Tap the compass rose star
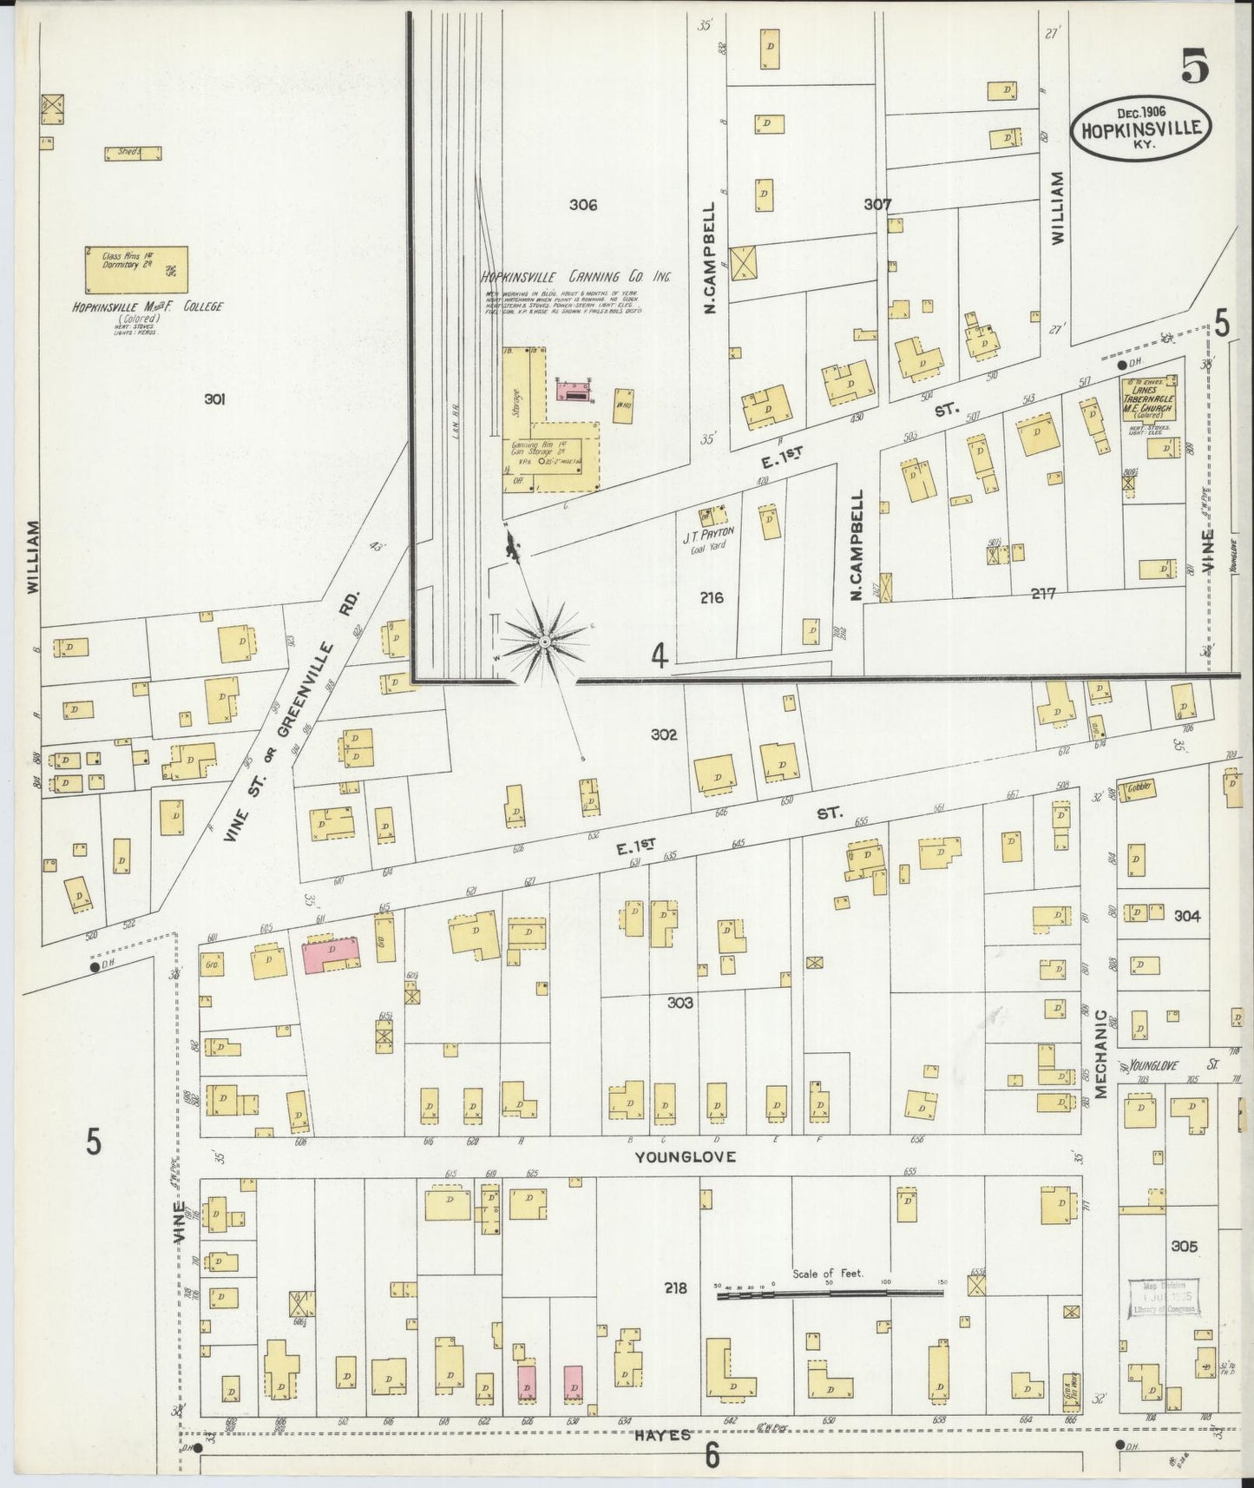tap(544, 641)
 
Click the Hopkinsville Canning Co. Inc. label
tap(577, 277)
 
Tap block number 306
tap(583, 205)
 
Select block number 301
tap(215, 399)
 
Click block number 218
tap(674, 1287)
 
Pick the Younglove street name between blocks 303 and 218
tap(685, 1156)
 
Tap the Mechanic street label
tap(1100, 1054)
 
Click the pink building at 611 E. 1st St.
tap(331, 953)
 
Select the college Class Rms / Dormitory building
tap(136, 269)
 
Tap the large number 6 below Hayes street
tap(712, 1455)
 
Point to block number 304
tap(1186, 916)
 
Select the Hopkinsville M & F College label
tap(148, 307)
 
